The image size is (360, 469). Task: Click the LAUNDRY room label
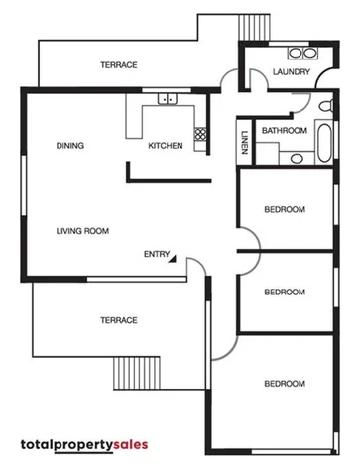[292, 72]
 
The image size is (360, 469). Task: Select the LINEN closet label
[244, 145]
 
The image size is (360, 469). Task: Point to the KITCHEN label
[166, 146]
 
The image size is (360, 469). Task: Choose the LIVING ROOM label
[81, 230]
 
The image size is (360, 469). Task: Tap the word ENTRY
[156, 254]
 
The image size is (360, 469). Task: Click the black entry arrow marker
[173, 258]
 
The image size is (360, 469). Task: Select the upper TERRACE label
[118, 65]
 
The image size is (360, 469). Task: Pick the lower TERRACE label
[118, 319]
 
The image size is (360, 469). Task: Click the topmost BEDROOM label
[285, 209]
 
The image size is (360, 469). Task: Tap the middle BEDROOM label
[285, 292]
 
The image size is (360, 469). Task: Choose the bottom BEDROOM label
[285, 383]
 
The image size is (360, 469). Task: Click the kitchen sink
[164, 98]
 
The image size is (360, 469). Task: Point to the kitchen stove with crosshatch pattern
[200, 132]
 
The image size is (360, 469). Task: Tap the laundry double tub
[296, 53]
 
